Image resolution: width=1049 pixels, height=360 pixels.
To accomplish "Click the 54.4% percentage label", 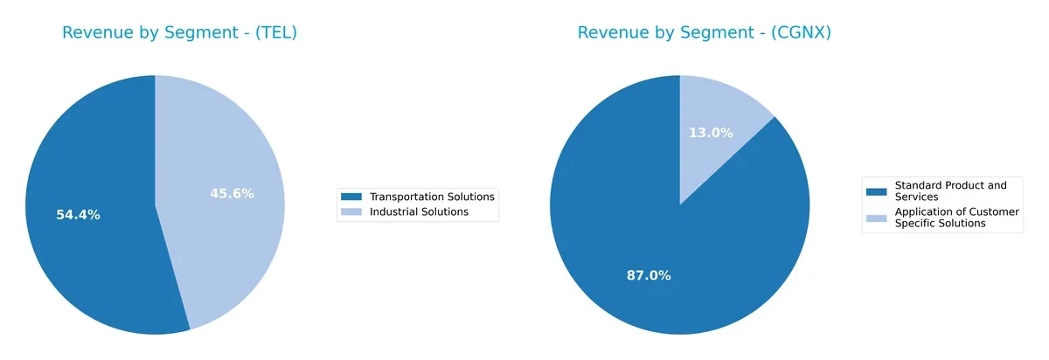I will click(78, 215).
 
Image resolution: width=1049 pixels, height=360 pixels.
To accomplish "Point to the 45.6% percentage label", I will click(232, 194).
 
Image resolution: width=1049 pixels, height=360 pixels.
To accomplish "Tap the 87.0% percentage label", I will click(649, 275).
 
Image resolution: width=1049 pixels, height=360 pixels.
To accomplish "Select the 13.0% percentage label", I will click(711, 133).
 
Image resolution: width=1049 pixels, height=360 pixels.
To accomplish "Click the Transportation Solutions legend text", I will click(432, 197).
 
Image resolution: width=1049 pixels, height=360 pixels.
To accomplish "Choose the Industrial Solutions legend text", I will click(419, 211).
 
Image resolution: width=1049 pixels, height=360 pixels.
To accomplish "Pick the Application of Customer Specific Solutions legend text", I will click(956, 218).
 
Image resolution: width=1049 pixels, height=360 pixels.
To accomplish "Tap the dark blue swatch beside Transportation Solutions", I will click(351, 197).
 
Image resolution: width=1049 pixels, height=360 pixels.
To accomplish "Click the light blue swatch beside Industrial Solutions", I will click(351, 211).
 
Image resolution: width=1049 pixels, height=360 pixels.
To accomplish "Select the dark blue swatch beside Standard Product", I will click(876, 190).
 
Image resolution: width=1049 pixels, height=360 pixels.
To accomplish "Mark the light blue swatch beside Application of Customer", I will click(876, 218).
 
